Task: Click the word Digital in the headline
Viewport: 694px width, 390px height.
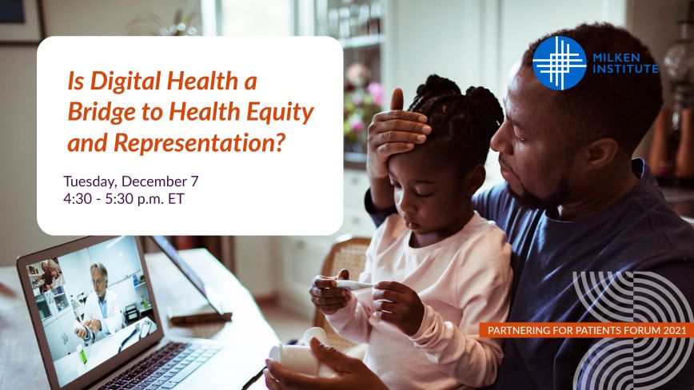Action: tap(126, 82)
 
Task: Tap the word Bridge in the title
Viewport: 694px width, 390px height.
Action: tap(101, 112)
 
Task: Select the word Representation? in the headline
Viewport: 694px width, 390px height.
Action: tap(199, 143)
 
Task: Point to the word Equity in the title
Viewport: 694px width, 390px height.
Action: tap(280, 113)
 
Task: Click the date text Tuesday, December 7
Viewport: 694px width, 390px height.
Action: tap(130, 181)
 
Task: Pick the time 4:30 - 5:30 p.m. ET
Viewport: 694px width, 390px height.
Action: tap(123, 198)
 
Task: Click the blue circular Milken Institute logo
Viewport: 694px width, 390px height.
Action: tap(559, 63)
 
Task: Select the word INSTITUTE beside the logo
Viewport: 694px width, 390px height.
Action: tap(625, 69)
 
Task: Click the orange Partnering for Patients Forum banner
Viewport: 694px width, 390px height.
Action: tap(586, 330)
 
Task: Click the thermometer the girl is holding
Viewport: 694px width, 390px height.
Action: tap(353, 285)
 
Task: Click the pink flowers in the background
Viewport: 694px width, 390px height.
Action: tap(364, 101)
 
